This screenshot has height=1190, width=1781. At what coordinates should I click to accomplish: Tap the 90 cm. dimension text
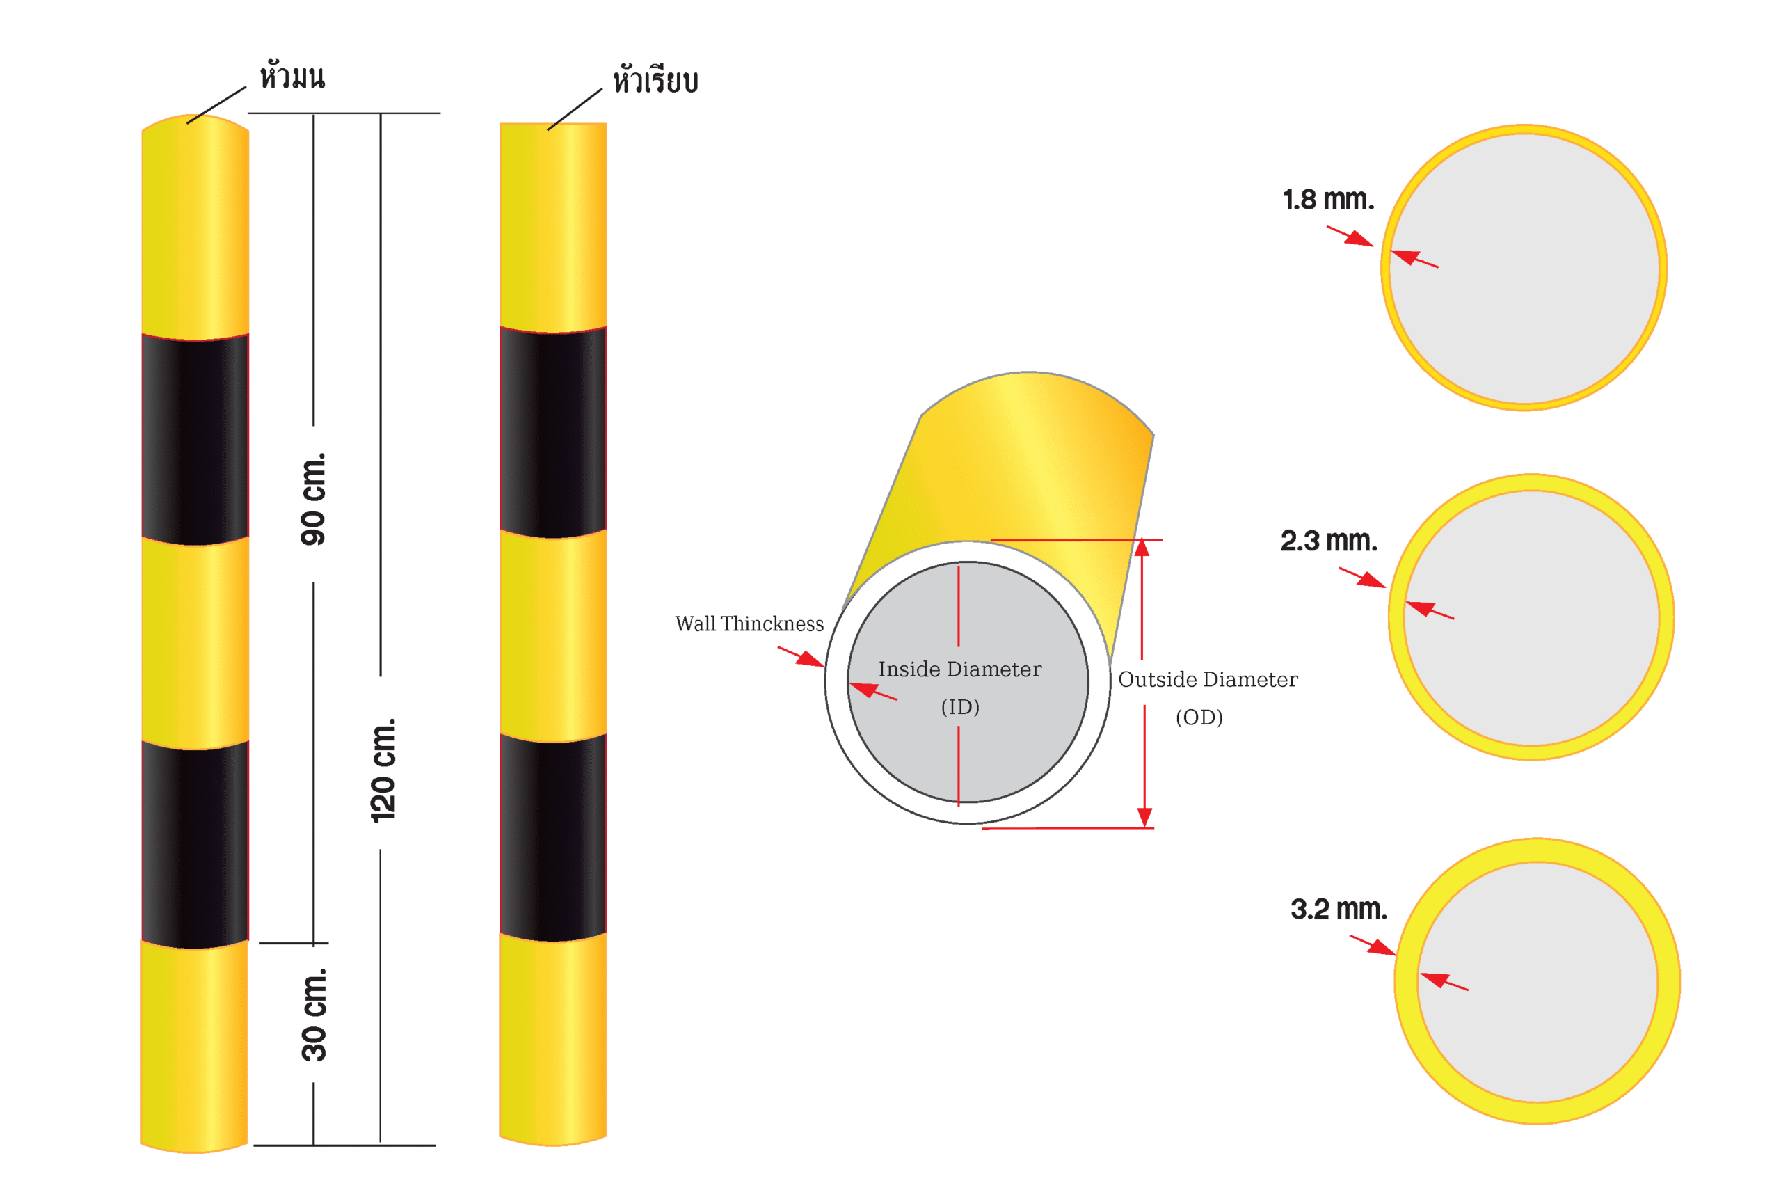(x=312, y=498)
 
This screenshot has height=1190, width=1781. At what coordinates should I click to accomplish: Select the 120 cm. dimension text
(x=383, y=770)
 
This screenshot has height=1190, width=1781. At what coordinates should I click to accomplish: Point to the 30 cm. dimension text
(x=313, y=1014)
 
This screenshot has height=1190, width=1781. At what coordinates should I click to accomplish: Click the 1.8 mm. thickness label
(x=1328, y=200)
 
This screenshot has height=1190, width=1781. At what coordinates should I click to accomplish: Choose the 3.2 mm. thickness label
(x=1339, y=909)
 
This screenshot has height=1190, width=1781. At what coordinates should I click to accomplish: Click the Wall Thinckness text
(x=749, y=624)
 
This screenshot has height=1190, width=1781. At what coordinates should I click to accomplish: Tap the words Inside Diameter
(x=960, y=669)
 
